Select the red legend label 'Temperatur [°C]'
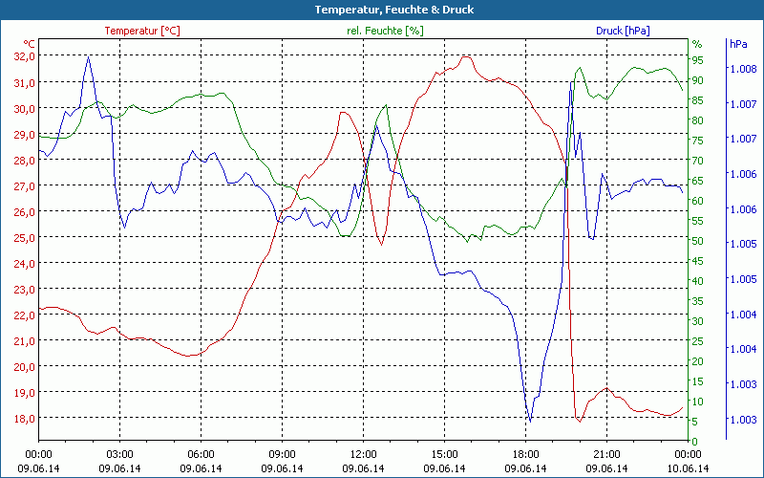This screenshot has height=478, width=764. (142, 31)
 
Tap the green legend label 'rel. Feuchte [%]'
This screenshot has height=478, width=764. (384, 31)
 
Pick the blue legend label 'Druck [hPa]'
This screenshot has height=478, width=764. (623, 31)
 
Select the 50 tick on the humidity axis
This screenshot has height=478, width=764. (697, 241)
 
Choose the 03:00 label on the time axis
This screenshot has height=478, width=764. (119, 454)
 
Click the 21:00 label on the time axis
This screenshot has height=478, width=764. (606, 454)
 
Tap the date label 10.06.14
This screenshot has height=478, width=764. (688, 468)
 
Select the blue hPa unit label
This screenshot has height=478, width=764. (737, 44)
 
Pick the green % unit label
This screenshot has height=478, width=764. (696, 44)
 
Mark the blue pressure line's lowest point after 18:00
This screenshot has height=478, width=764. (529, 421)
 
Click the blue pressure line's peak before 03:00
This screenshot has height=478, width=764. (88, 56)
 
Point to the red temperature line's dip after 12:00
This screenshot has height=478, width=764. (381, 245)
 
